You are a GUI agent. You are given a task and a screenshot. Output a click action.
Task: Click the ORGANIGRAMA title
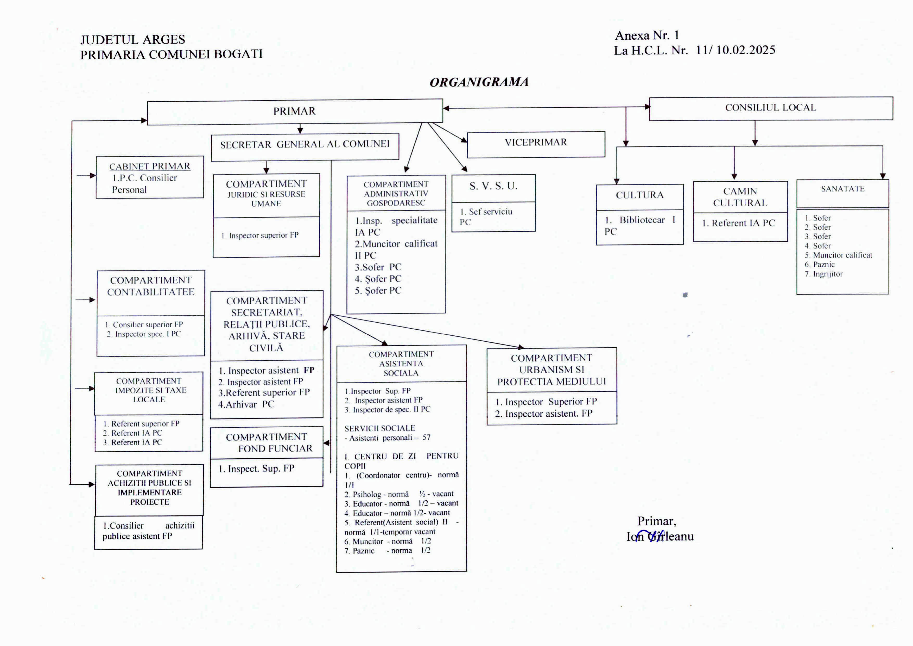point(479,82)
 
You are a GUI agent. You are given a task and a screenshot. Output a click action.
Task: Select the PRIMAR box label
point(294,111)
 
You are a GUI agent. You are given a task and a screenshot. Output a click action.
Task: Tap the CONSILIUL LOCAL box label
point(770,107)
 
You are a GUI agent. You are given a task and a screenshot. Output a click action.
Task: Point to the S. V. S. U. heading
point(493,186)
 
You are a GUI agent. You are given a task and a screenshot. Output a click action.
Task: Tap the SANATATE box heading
point(843,189)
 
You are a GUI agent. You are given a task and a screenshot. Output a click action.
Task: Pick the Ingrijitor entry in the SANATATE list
point(828,274)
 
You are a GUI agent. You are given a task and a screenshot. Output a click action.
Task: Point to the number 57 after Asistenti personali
point(426,438)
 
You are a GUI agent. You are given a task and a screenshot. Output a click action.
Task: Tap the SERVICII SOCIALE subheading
point(379,428)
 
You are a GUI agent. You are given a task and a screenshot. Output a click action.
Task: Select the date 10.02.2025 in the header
point(746,50)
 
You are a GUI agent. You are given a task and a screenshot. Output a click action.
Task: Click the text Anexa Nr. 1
point(647,36)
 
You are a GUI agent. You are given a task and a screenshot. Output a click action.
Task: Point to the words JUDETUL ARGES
point(132,39)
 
